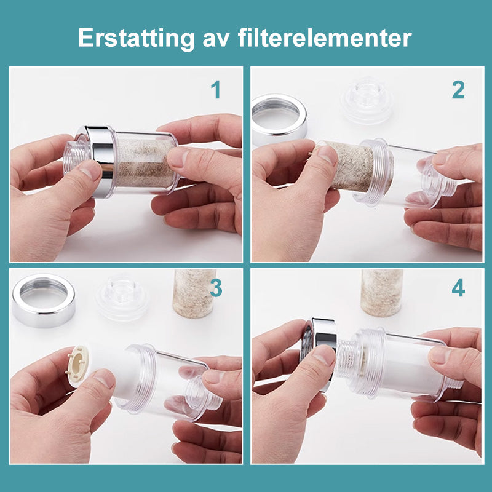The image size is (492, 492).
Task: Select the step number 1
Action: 215,90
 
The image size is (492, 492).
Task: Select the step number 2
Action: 458,90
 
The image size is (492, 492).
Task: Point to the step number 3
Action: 215,288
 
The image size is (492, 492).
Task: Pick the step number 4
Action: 458,288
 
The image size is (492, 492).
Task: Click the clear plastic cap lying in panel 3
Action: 121,296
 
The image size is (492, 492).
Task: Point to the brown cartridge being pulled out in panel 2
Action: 347,165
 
